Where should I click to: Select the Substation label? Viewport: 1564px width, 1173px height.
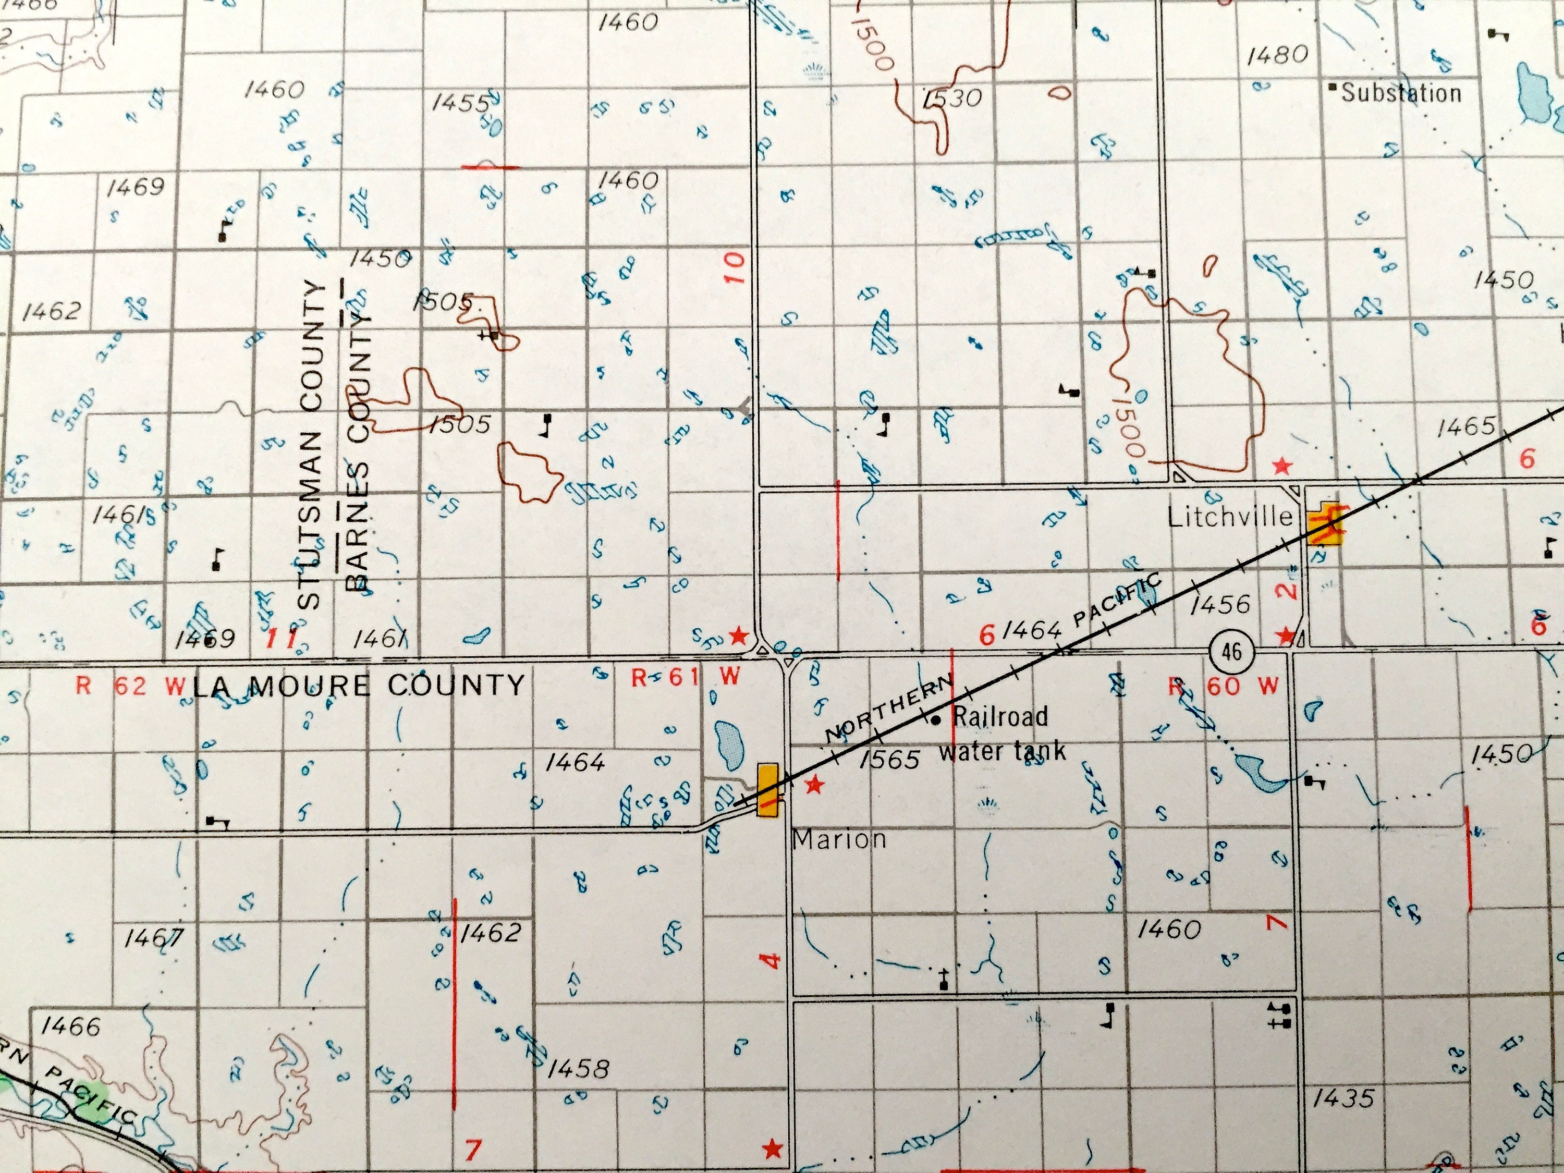coord(1401,93)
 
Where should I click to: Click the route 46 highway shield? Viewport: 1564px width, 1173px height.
coord(1231,651)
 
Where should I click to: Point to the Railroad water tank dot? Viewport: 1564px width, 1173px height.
coord(936,720)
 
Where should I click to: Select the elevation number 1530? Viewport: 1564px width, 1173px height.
coord(952,99)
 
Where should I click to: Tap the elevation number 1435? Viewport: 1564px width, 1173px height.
coord(1342,1098)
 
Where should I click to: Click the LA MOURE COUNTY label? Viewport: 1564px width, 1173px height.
coord(359,685)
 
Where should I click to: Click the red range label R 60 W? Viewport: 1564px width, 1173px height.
coord(1224,686)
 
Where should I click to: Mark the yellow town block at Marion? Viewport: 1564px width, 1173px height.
coord(768,789)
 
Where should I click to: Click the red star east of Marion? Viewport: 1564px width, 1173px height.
coord(814,784)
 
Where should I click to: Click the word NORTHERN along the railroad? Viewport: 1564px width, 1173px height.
coord(889,709)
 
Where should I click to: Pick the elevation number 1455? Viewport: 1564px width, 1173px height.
coord(460,104)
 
